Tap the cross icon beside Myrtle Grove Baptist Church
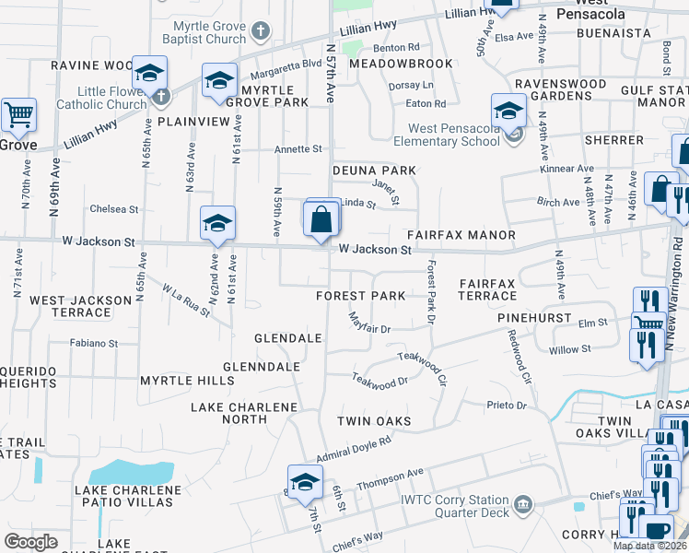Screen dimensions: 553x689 click(x=261, y=31)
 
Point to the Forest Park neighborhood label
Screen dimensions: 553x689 click(x=360, y=296)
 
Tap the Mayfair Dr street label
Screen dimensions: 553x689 click(x=370, y=324)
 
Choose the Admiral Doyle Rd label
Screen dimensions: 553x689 click(x=354, y=449)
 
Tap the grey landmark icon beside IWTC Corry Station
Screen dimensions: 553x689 click(x=523, y=503)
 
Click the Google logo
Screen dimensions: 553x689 click(x=30, y=542)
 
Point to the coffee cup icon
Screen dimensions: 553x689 click(x=655, y=530)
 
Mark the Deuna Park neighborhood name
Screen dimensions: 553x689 click(x=374, y=171)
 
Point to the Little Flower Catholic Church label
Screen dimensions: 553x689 click(x=99, y=98)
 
